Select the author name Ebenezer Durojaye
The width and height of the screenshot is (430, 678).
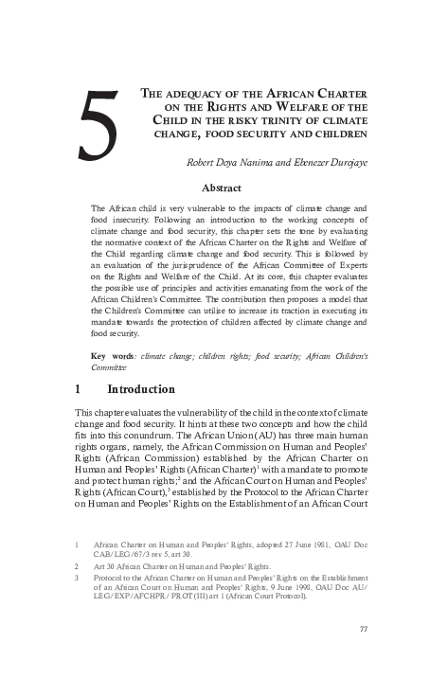click(314, 163)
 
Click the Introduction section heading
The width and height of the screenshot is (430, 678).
click(141, 389)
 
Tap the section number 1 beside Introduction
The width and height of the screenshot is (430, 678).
click(78, 389)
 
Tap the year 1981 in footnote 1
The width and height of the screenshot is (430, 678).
click(295, 545)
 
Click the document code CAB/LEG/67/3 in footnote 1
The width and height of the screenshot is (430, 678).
click(124, 555)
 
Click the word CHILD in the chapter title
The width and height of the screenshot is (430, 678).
click(173, 120)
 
